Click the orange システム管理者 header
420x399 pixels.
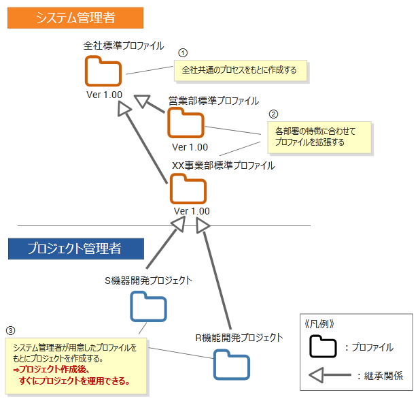[75, 18]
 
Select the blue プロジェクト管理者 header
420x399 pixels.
[75, 249]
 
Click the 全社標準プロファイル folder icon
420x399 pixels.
[103, 71]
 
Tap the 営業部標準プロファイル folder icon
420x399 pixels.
[186, 123]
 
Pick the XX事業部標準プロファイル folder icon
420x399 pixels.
[188, 189]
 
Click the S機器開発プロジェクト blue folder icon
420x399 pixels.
[148, 307]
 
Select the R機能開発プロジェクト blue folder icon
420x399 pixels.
[231, 364]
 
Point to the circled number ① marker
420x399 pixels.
[182, 52]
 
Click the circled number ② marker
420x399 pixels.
[274, 114]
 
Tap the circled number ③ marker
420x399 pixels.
[10, 331]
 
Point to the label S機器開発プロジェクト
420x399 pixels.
[148, 280]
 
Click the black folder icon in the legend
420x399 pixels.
[323, 347]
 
